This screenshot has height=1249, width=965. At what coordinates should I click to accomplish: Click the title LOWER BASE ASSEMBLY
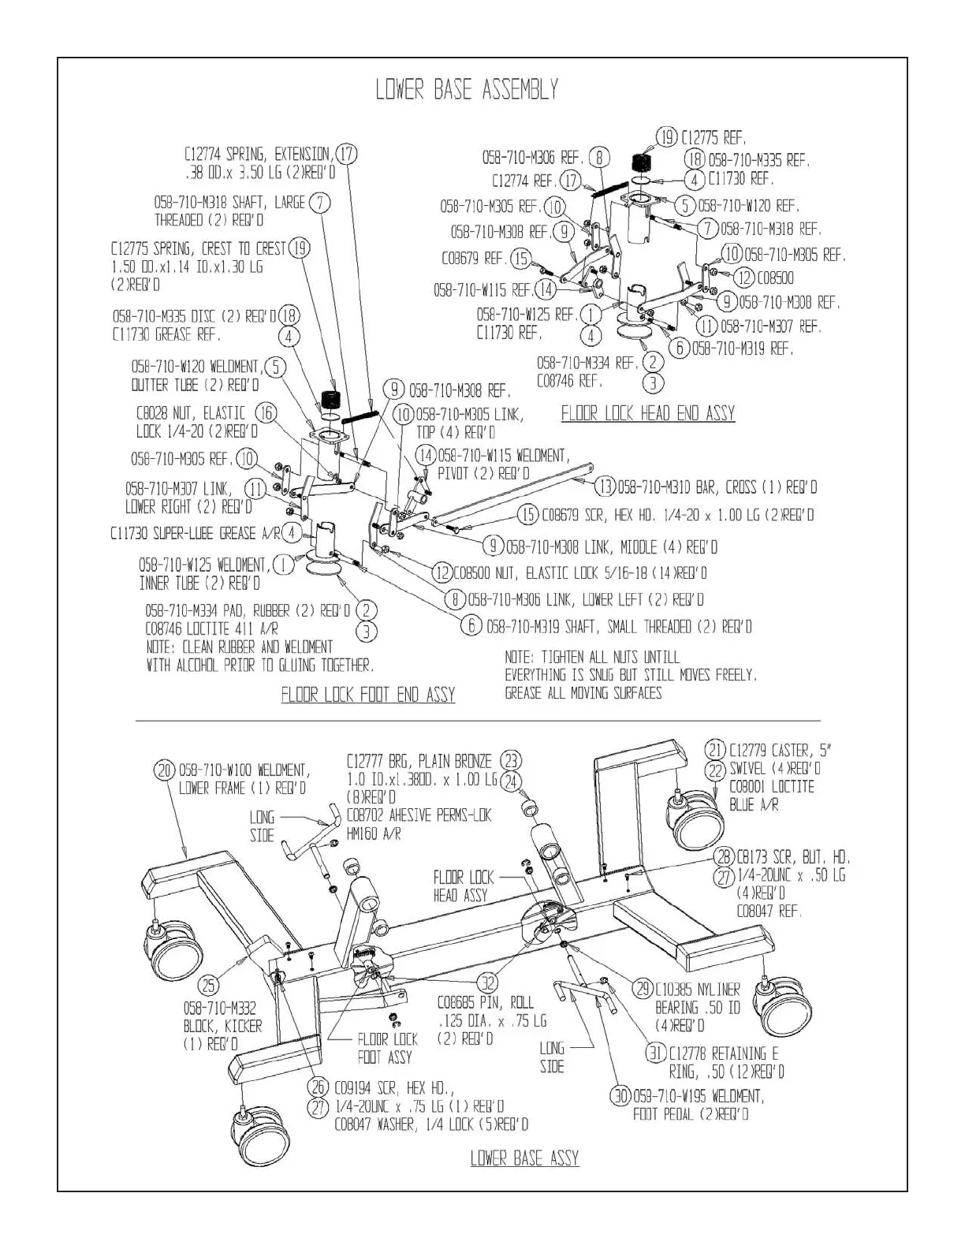point(467,90)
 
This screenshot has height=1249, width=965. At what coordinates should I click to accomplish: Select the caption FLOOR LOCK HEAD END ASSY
point(647,413)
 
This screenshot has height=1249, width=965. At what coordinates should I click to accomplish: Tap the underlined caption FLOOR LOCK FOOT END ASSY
point(368,694)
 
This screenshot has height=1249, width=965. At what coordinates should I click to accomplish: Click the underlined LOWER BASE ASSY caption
point(524,1158)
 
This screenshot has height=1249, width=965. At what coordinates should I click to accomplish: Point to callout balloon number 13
point(605,487)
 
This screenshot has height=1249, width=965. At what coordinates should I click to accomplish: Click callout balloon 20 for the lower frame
point(164,770)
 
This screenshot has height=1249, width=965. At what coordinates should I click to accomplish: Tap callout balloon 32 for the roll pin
point(489,982)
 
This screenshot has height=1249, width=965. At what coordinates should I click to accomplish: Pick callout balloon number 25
point(208,985)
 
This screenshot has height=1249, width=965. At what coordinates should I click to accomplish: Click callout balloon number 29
point(643,989)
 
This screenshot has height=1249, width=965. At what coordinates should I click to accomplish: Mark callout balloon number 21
point(715,750)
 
